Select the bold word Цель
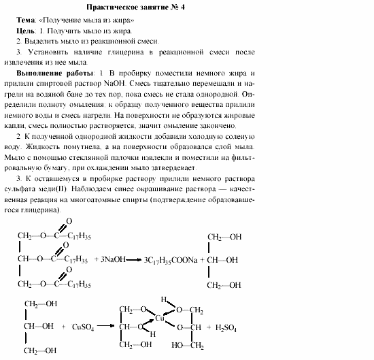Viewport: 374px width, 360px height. [x=26, y=31]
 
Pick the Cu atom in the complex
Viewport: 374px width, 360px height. [x=160, y=317]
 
